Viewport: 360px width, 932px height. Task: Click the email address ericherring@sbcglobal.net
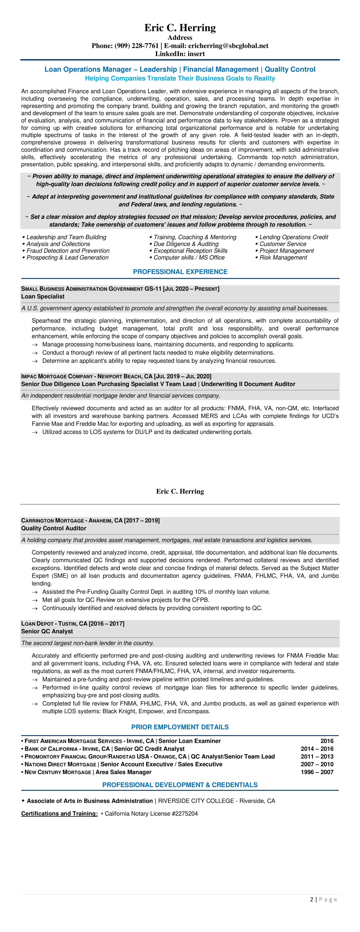point(228,46)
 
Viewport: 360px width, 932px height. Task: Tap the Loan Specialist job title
point(43,296)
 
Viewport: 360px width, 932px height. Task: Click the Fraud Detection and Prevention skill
point(68,251)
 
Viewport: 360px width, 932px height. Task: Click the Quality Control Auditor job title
point(54,528)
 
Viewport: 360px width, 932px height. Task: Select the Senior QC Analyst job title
point(47,631)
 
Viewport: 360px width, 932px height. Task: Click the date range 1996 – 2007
point(317,772)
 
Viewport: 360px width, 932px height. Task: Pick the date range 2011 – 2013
point(317,757)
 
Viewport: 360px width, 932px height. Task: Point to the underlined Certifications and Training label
point(59,814)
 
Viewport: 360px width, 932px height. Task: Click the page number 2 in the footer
point(312,899)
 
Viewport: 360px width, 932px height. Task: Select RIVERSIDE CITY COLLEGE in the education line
point(197,801)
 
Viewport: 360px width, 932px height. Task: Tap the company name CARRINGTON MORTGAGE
point(53,521)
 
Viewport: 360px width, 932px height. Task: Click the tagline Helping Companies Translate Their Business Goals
point(180,79)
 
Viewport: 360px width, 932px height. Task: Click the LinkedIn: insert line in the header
point(180,54)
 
